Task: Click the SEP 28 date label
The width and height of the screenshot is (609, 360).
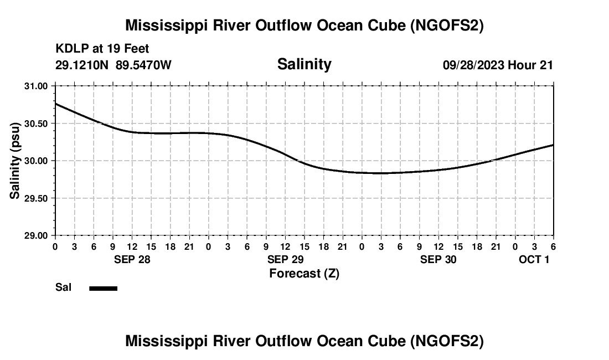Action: (x=132, y=259)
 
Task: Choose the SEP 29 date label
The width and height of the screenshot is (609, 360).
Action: (x=285, y=259)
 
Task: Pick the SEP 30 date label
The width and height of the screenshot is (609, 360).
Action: (x=438, y=259)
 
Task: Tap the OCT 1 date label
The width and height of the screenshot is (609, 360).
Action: (x=534, y=259)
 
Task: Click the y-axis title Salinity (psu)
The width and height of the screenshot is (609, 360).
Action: (x=15, y=161)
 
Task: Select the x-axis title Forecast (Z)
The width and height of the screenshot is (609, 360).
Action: (x=304, y=273)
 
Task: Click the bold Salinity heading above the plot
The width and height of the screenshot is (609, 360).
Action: (x=304, y=64)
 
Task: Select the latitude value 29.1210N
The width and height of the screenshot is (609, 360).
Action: (x=82, y=65)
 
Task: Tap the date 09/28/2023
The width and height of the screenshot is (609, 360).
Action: (x=473, y=65)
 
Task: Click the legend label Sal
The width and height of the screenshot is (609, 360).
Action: (x=63, y=287)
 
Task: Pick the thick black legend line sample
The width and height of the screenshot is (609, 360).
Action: (x=104, y=288)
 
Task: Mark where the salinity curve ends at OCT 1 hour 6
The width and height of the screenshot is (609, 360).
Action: (x=553, y=145)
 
